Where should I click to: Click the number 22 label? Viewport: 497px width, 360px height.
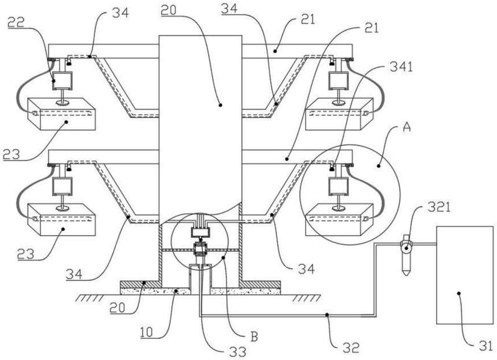[17, 22]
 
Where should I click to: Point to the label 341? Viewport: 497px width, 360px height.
[401, 67]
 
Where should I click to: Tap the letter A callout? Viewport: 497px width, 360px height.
[406, 127]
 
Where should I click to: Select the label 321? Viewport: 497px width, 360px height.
[439, 208]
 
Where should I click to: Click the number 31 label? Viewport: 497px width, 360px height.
[486, 346]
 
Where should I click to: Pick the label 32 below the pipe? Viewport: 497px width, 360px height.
[351, 348]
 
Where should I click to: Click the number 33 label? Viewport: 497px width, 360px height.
[238, 352]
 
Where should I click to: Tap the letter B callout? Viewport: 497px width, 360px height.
[254, 336]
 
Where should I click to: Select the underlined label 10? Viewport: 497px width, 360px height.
[147, 332]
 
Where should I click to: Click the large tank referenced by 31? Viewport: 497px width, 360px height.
[465, 275]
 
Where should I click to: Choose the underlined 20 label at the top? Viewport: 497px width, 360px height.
[168, 11]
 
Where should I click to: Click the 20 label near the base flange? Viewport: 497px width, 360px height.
[118, 307]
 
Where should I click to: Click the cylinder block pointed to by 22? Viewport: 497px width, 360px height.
[62, 80]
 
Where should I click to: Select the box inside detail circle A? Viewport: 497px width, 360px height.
[339, 219]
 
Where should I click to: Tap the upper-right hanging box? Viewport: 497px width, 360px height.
[339, 114]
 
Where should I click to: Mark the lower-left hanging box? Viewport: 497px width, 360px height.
[62, 219]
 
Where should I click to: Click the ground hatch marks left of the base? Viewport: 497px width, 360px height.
[89, 298]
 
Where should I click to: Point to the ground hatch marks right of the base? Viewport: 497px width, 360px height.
[306, 298]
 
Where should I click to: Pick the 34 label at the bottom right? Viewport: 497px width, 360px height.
[306, 269]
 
